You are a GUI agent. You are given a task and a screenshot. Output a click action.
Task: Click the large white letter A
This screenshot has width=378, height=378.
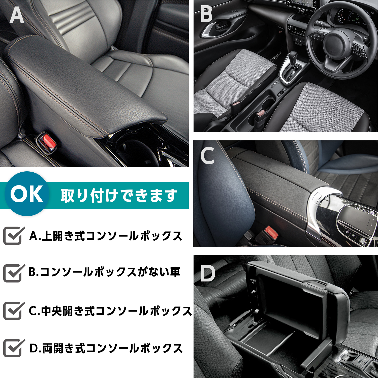[17, 15]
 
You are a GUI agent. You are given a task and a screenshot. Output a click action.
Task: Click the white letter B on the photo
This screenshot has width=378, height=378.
[206, 15]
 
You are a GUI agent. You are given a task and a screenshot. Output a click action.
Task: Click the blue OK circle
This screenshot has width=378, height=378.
[27, 194]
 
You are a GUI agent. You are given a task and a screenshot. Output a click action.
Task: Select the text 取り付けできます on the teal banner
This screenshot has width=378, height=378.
[119, 196]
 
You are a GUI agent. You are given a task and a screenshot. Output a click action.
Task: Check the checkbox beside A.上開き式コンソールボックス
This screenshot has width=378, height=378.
[13, 236]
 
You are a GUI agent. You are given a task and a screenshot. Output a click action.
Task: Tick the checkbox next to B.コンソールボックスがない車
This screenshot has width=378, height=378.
[13, 273]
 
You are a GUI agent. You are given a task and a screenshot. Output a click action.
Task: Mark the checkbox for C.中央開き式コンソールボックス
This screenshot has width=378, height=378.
[13, 311]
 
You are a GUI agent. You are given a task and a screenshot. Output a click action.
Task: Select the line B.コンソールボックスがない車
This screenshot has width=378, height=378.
[104, 272]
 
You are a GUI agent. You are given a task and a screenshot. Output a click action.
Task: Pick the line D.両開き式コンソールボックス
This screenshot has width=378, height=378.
[106, 348]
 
